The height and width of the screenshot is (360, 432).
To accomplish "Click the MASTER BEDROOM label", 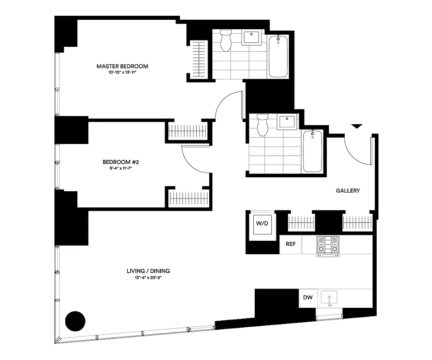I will (122, 66).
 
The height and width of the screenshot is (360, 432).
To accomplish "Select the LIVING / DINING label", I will (148, 271).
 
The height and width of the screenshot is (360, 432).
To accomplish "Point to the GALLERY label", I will (348, 191).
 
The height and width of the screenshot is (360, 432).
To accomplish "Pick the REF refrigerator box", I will (290, 245).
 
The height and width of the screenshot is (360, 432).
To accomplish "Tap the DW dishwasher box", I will (308, 297).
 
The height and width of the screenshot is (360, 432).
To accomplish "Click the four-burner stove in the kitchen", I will (328, 246).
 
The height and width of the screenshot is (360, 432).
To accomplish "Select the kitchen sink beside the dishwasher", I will (330, 298).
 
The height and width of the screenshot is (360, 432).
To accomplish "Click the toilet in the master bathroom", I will (225, 40).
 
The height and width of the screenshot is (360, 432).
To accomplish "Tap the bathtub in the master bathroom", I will (278, 57).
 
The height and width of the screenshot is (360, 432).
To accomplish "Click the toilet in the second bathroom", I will (261, 124).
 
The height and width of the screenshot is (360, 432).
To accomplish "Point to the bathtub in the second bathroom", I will (312, 151).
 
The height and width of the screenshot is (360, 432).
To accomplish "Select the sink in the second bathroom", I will (287, 122).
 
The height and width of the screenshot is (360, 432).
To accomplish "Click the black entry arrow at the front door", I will (356, 126).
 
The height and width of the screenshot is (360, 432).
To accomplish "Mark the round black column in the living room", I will (75, 321).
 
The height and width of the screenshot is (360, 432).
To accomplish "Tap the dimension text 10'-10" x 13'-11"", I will (122, 73).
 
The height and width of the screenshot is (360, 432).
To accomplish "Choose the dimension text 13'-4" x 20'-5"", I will (148, 278).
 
